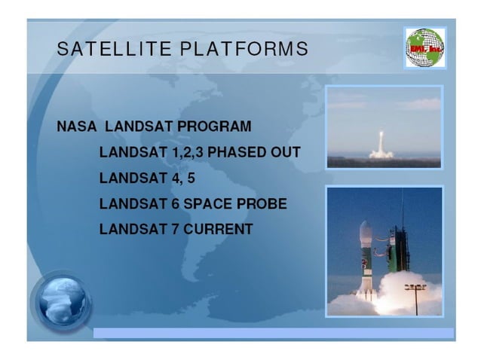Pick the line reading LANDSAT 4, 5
click(x=142, y=178)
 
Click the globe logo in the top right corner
click(x=425, y=47)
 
